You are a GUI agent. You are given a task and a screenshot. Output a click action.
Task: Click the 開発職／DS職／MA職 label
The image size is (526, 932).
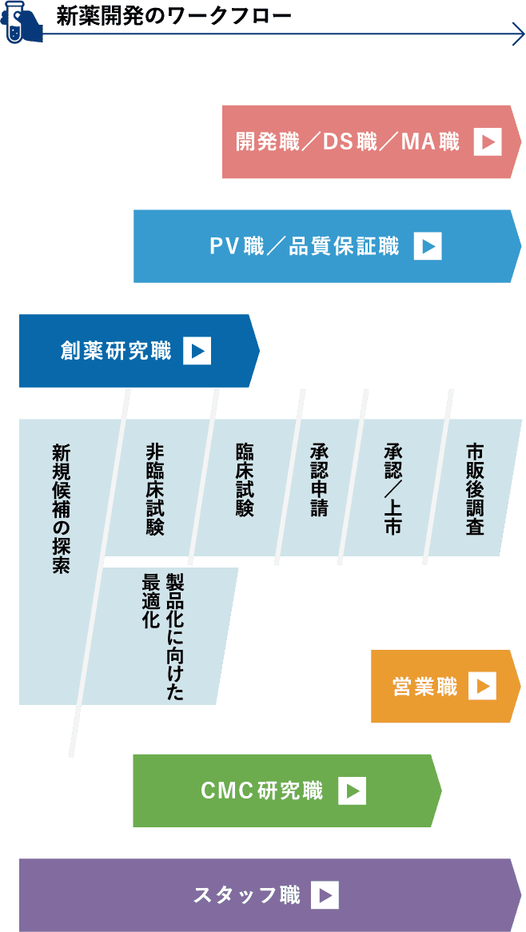pyautogui.click(x=348, y=142)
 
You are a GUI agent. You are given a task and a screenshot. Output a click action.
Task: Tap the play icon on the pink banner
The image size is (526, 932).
pyautogui.click(x=488, y=142)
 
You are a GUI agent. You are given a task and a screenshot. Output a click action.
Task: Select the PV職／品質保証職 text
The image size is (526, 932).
pyautogui.click(x=304, y=246)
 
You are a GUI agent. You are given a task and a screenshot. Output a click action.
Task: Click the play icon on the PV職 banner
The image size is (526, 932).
pyautogui.click(x=428, y=246)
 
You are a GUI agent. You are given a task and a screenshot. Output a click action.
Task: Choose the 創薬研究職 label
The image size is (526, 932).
pyautogui.click(x=116, y=351)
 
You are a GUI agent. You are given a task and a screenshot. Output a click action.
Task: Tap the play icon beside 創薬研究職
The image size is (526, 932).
pyautogui.click(x=197, y=351)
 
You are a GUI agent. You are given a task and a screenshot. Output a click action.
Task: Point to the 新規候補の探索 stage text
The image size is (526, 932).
pyautogui.click(x=62, y=508)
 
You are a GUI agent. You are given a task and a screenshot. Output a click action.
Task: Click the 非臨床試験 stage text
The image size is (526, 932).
pyautogui.click(x=154, y=488)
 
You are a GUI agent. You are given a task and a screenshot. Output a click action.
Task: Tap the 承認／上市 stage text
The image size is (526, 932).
pyautogui.click(x=393, y=488)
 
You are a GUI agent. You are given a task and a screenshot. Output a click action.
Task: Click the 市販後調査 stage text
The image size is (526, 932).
pyautogui.click(x=475, y=488)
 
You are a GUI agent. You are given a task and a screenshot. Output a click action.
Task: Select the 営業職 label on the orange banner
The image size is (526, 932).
pyautogui.click(x=424, y=687)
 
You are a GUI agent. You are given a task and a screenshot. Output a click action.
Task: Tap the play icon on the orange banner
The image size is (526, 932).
pyautogui.click(x=482, y=687)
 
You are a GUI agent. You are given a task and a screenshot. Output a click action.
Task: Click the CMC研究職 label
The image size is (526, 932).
pyautogui.click(x=262, y=791)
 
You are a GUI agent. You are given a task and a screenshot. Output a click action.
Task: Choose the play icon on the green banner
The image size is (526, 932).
pyautogui.click(x=352, y=791)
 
